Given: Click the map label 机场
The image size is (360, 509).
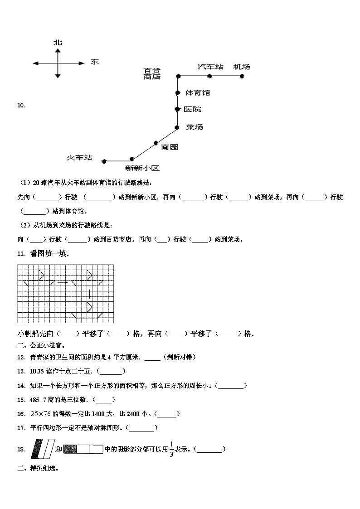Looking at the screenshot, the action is pyautogui.click(x=242, y=67).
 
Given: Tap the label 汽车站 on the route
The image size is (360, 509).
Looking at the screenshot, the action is pyautogui.click(x=210, y=67).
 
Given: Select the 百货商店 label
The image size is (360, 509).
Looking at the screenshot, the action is pyautogui.click(x=152, y=73).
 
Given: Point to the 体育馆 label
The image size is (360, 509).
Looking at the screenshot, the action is pyautogui.click(x=198, y=93).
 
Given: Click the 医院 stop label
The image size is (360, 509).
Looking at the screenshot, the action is pyautogui.click(x=193, y=109).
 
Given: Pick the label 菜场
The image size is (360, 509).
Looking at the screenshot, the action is pyautogui.click(x=195, y=127).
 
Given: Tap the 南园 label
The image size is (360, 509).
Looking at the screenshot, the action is pyautogui.click(x=170, y=146).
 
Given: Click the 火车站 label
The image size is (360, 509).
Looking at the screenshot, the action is pyautogui.click(x=79, y=157).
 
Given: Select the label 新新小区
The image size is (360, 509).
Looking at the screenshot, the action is pyautogui.click(x=143, y=168).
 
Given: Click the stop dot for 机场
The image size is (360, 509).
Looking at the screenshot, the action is pyautogui.click(x=242, y=76).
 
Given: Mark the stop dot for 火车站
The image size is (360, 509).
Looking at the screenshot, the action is pyautogui.click(x=104, y=161).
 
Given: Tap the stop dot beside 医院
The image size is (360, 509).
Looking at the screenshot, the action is pyautogui.click(x=178, y=109).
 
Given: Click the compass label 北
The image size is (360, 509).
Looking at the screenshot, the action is pyautogui.click(x=58, y=43).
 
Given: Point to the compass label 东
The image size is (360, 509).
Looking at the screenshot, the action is pyautogui.click(x=94, y=62).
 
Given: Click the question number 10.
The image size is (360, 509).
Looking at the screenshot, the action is pyautogui.click(x=21, y=106).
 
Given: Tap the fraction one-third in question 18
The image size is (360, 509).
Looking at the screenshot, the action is pyautogui.click(x=171, y=449).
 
